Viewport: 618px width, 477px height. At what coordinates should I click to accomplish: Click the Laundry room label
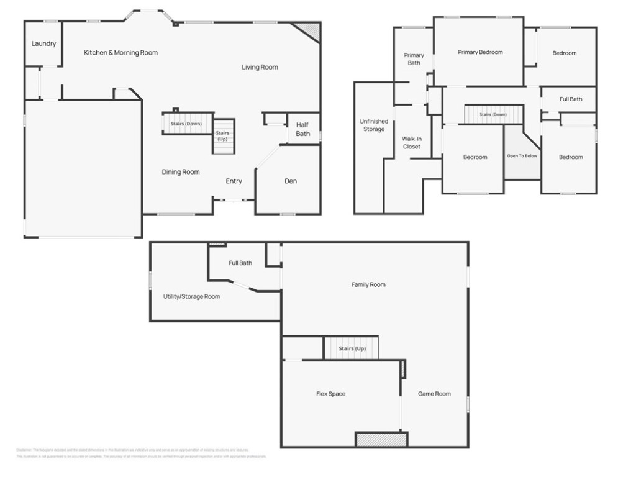pyautogui.click(x=44, y=44)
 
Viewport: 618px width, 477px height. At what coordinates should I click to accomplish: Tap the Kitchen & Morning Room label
pyautogui.click(x=121, y=53)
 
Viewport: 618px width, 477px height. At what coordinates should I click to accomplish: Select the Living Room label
pyautogui.click(x=260, y=67)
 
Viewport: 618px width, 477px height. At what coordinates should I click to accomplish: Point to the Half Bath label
pyautogui.click(x=302, y=129)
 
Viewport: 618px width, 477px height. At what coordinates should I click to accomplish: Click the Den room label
pyautogui.click(x=291, y=181)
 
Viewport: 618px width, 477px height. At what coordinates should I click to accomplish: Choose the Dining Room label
pyautogui.click(x=181, y=172)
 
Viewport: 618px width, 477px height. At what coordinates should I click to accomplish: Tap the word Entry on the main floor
pyautogui.click(x=234, y=181)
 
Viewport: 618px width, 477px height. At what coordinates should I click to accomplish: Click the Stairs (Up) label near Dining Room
pyautogui.click(x=222, y=136)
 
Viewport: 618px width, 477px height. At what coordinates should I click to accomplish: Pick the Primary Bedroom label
pyautogui.click(x=480, y=52)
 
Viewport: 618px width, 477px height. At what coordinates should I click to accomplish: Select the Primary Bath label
pyautogui.click(x=414, y=59)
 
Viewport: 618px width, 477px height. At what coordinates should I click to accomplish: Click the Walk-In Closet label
pyautogui.click(x=411, y=143)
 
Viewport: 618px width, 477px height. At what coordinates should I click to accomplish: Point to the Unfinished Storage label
pyautogui.click(x=373, y=125)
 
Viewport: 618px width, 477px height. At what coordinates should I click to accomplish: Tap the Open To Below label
pyautogui.click(x=522, y=156)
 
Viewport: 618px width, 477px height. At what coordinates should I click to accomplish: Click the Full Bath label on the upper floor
pyautogui.click(x=571, y=99)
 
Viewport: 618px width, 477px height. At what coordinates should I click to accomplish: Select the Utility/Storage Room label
pyautogui.click(x=191, y=297)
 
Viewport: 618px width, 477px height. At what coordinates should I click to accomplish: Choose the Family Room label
pyautogui.click(x=368, y=285)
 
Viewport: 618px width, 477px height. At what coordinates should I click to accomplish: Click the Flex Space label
pyautogui.click(x=330, y=394)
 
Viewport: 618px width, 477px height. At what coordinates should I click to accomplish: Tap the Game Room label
pyautogui.click(x=434, y=394)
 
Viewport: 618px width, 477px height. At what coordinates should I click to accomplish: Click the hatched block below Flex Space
pyautogui.click(x=381, y=440)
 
